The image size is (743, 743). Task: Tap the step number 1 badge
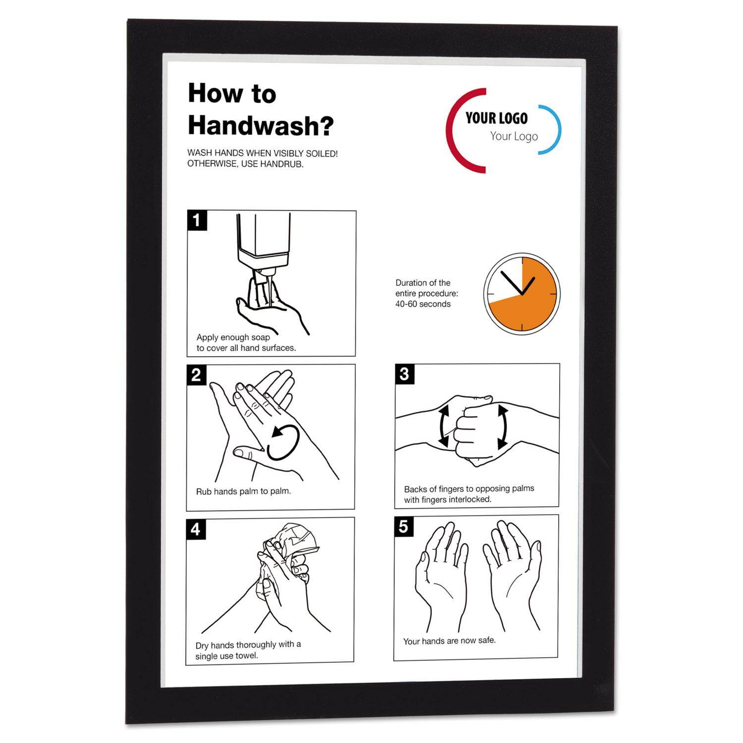tap(197, 220)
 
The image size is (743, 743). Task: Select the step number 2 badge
tap(196, 374)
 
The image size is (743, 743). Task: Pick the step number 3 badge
tap(404, 373)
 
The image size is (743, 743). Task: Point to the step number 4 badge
tap(196, 529)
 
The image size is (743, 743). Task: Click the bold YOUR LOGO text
tap(496, 118)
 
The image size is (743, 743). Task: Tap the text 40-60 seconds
tap(423, 304)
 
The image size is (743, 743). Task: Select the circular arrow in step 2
tap(283, 441)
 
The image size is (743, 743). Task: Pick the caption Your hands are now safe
tap(449, 640)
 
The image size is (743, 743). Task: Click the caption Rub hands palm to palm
tap(244, 491)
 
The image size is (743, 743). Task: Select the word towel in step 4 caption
tap(248, 656)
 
